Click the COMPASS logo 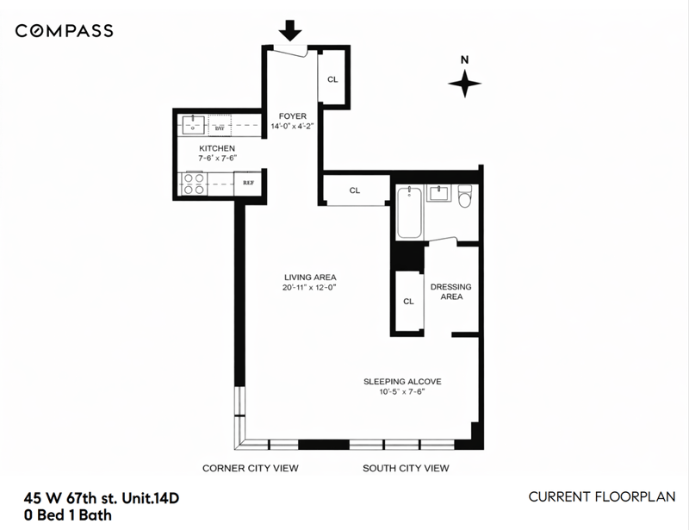[x=64, y=31]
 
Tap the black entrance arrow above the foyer [x=290, y=30]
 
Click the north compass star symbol [x=464, y=83]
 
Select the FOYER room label [x=293, y=116]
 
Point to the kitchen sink [x=193, y=124]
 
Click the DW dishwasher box [x=220, y=125]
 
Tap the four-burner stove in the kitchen [x=193, y=184]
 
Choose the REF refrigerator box [x=248, y=183]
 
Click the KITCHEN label [x=217, y=148]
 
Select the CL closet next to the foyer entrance [x=332, y=78]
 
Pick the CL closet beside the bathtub [x=355, y=190]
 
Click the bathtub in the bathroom [x=410, y=211]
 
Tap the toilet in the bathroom [x=464, y=196]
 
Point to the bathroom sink [x=439, y=193]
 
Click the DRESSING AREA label [x=450, y=291]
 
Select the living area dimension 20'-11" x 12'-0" [x=309, y=288]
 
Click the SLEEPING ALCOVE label [x=402, y=381]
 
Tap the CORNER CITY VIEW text [x=251, y=468]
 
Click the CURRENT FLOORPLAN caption [x=602, y=496]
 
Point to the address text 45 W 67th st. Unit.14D [x=102, y=498]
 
